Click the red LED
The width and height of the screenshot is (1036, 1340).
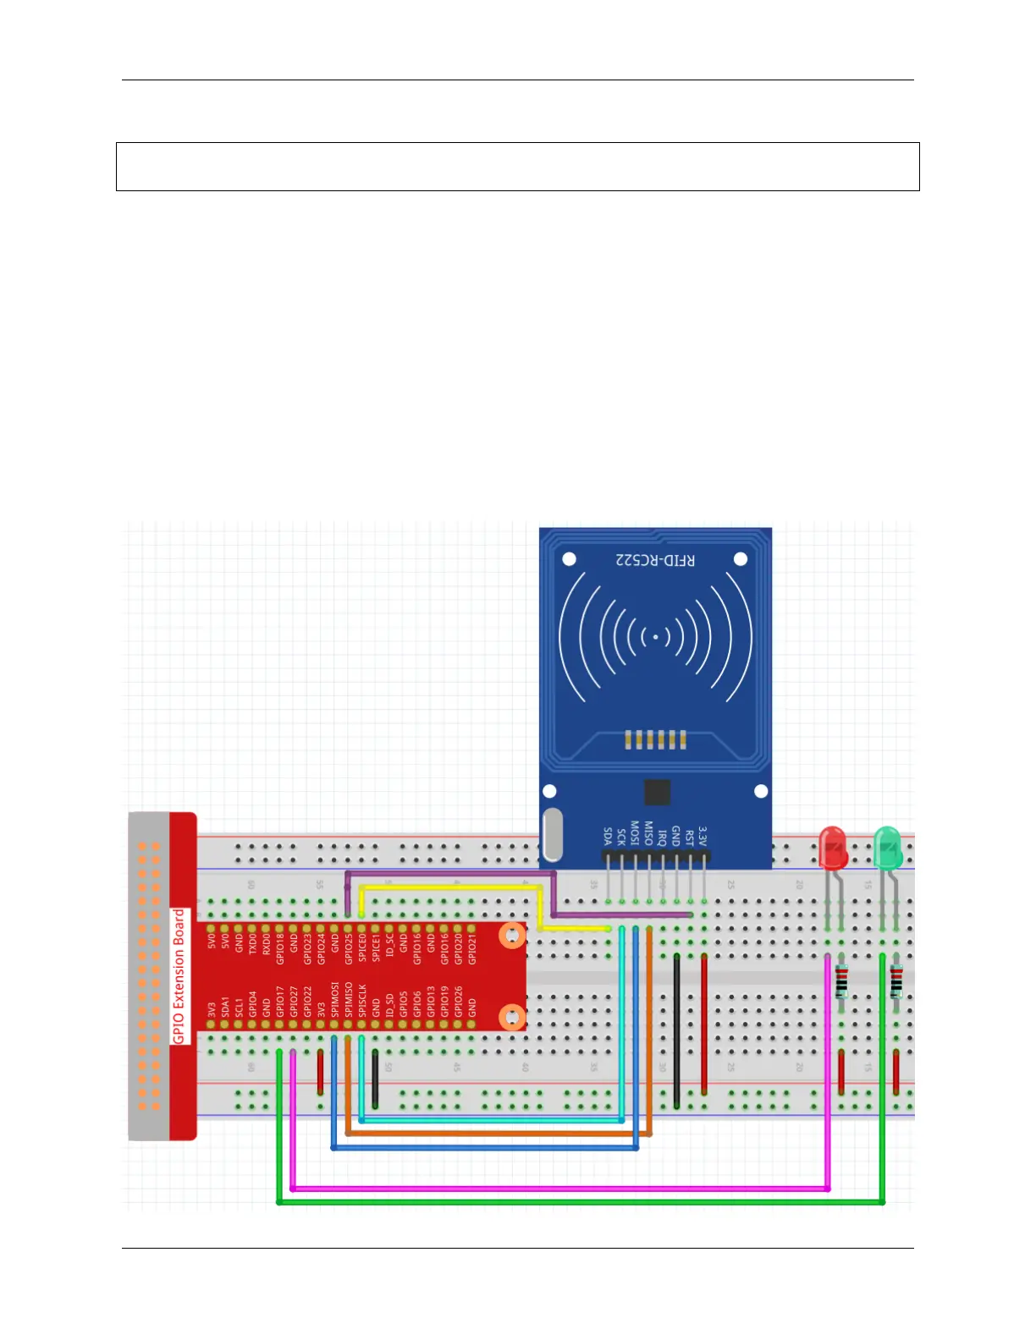point(833,848)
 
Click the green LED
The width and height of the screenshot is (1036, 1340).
point(887,848)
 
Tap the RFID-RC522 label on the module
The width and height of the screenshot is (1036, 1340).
point(655,560)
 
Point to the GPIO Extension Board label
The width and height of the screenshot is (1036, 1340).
point(179,976)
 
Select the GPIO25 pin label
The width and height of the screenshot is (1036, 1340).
point(349,949)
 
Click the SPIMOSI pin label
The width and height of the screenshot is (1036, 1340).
point(334,999)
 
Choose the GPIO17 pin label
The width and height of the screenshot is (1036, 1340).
point(279,1001)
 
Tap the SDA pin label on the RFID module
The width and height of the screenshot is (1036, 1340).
point(608,836)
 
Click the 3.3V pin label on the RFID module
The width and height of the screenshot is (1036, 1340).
point(703,836)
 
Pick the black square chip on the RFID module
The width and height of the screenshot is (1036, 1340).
point(657,793)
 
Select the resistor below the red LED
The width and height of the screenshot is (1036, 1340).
point(841,981)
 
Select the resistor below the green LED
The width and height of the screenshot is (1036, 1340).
point(896,981)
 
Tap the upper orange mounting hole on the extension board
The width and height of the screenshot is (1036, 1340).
point(511,936)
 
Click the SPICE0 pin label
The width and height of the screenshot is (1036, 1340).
point(362,947)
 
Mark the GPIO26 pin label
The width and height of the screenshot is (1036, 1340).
point(458,1001)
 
